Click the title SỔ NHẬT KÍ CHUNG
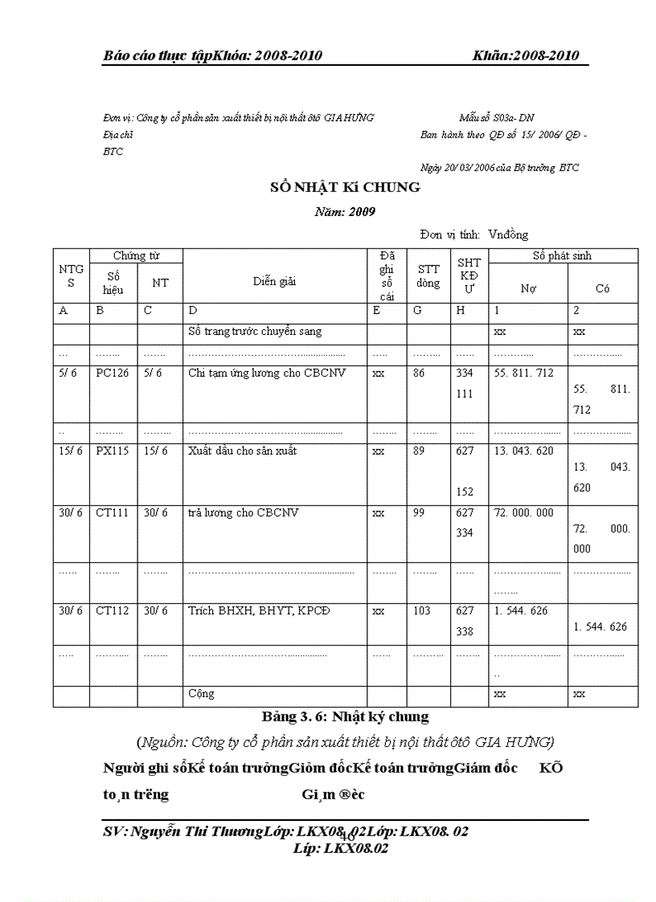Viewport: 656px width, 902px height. (x=345, y=188)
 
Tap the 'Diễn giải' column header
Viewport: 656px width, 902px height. (x=274, y=281)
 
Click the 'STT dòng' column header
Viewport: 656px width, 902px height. (x=428, y=276)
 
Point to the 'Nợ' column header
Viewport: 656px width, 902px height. (x=528, y=288)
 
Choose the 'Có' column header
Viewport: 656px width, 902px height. (x=602, y=288)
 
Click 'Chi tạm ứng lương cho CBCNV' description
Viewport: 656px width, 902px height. (x=267, y=373)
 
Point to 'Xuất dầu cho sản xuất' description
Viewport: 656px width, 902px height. (x=242, y=451)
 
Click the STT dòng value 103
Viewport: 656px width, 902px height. (x=422, y=611)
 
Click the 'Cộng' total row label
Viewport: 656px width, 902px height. (x=201, y=694)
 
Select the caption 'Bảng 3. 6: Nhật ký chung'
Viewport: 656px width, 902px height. (x=345, y=716)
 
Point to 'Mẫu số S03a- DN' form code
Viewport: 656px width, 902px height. (x=497, y=118)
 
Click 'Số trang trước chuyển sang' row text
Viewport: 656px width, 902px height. (x=255, y=332)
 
